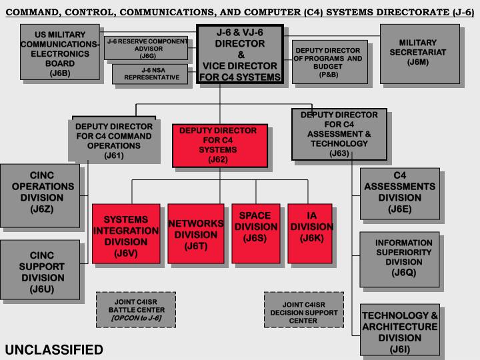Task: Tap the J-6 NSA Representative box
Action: pyautogui.click(x=149, y=73)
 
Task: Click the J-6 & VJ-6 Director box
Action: pyautogui.click(x=241, y=54)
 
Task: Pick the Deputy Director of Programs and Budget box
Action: pyautogui.click(x=329, y=61)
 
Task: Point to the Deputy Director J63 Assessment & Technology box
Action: pyautogui.click(x=339, y=134)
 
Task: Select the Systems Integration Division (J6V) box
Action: pyautogui.click(x=125, y=235)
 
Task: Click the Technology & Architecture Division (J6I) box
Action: pyautogui.click(x=399, y=330)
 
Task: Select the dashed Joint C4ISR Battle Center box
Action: pyautogui.click(x=136, y=309)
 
